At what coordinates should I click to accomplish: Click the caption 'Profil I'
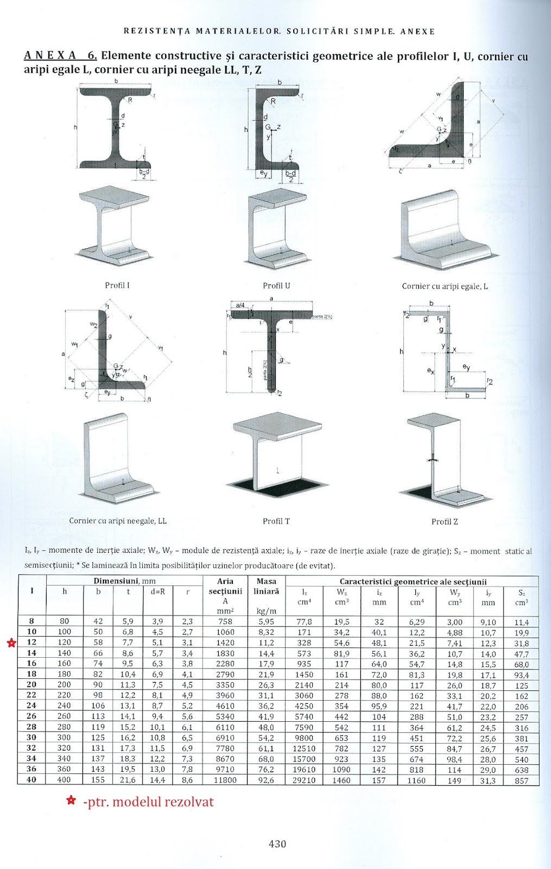click(117, 285)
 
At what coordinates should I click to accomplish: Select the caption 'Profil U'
click(276, 286)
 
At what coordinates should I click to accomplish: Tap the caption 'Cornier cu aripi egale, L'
click(445, 286)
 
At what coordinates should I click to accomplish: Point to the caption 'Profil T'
click(276, 521)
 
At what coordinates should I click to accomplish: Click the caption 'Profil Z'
click(445, 521)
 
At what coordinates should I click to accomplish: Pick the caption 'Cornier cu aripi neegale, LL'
click(118, 521)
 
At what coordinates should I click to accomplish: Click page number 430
click(277, 843)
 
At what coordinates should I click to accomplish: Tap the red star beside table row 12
click(11, 643)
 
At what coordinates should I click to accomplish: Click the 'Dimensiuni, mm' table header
click(124, 581)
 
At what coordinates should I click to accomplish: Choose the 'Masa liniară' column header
click(266, 586)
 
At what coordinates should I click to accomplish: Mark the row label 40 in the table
click(31, 780)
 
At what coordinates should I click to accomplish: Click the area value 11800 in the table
click(225, 780)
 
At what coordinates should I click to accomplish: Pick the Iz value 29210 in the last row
click(304, 780)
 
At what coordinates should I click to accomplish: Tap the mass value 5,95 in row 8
click(266, 621)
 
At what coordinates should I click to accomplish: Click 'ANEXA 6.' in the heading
click(60, 55)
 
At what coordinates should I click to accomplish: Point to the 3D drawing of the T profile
click(277, 454)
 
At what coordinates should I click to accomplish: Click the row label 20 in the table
click(31, 684)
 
